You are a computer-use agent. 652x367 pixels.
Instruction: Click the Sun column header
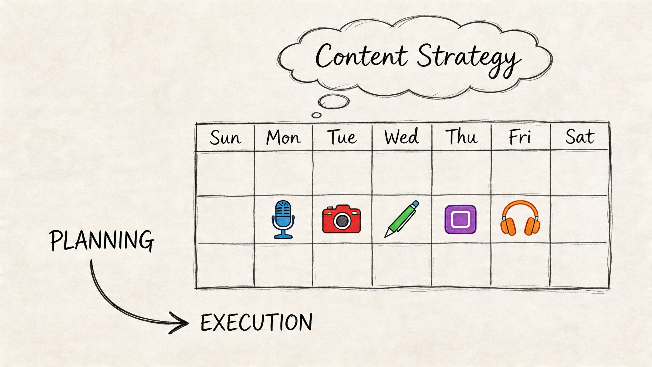(x=225, y=138)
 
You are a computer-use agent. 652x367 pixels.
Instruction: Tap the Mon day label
(x=283, y=138)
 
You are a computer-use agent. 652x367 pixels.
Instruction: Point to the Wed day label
(x=402, y=137)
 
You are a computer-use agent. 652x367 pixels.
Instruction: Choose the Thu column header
(x=461, y=137)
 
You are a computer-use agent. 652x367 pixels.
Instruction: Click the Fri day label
(x=520, y=137)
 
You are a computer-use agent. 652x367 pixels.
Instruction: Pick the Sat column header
(x=580, y=137)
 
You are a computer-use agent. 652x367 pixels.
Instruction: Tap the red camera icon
(x=341, y=219)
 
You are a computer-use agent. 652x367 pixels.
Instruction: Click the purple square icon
(x=460, y=219)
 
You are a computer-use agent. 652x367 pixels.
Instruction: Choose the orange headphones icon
(x=520, y=218)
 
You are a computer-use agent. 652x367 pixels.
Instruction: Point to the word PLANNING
(x=102, y=240)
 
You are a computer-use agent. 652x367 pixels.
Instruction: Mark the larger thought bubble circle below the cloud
(x=333, y=101)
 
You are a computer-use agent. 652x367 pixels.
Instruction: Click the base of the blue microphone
(x=283, y=236)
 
